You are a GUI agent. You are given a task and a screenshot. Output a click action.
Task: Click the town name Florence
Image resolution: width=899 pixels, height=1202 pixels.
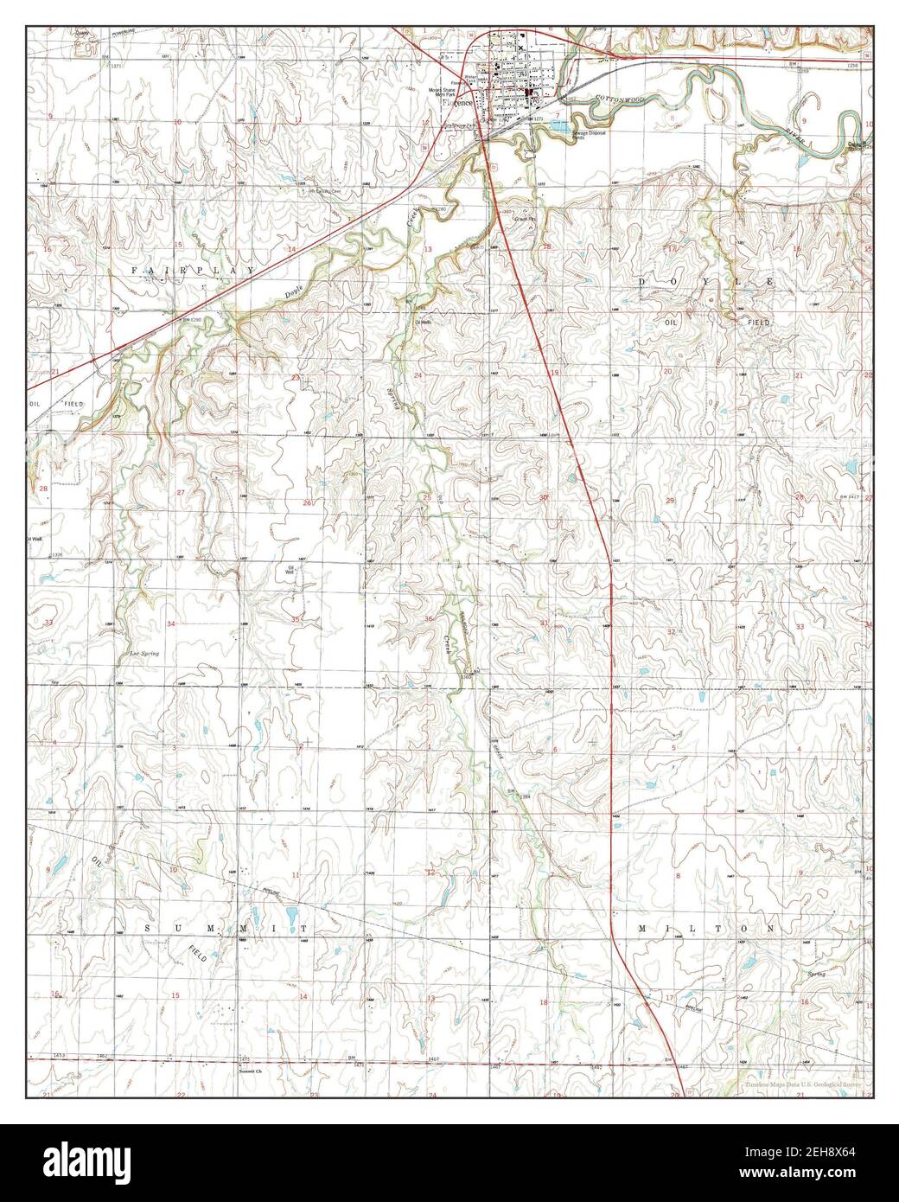point(458,103)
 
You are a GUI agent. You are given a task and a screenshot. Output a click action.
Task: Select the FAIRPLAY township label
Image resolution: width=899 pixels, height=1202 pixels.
point(193,271)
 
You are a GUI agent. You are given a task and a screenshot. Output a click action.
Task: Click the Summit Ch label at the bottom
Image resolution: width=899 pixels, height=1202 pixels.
point(249,1069)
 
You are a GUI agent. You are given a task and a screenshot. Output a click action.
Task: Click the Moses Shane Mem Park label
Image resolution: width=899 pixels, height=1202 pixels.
point(456,91)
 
